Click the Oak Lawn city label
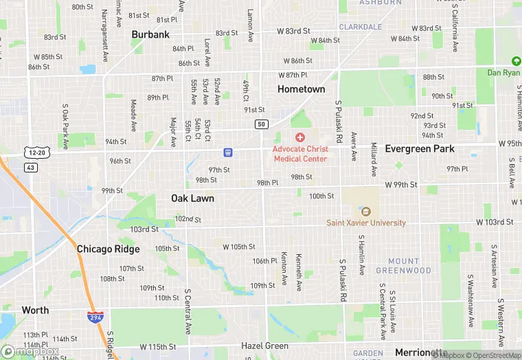[192, 199]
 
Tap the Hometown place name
[301, 89]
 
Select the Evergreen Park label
[420, 148]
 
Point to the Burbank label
[150, 34]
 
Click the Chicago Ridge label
[108, 249]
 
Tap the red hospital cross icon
[300, 138]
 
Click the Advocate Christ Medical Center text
[300, 154]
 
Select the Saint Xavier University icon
[365, 212]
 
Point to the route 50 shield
[261, 124]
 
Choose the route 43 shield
[30, 167]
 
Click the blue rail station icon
[227, 152]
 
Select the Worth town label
[35, 310]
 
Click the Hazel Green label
[264, 346]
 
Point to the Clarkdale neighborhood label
[361, 27]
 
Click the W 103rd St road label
[495, 223]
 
